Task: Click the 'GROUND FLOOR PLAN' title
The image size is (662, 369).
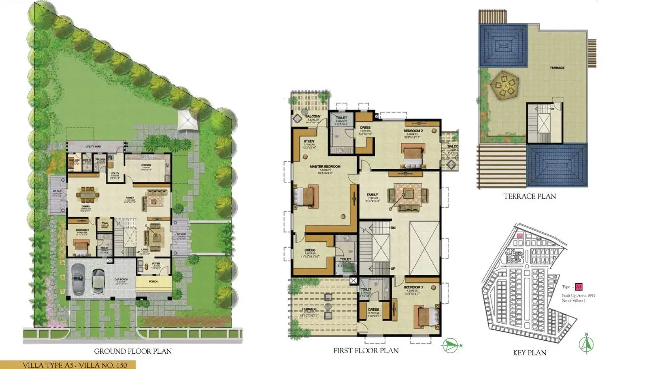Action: click(x=133, y=351)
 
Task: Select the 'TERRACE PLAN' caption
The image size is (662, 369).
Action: click(x=529, y=196)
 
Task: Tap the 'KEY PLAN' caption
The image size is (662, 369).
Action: click(x=529, y=353)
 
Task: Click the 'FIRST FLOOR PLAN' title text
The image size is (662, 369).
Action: click(x=366, y=351)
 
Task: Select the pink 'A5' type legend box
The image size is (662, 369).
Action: click(x=578, y=287)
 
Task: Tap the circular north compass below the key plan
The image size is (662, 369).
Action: click(x=587, y=343)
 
